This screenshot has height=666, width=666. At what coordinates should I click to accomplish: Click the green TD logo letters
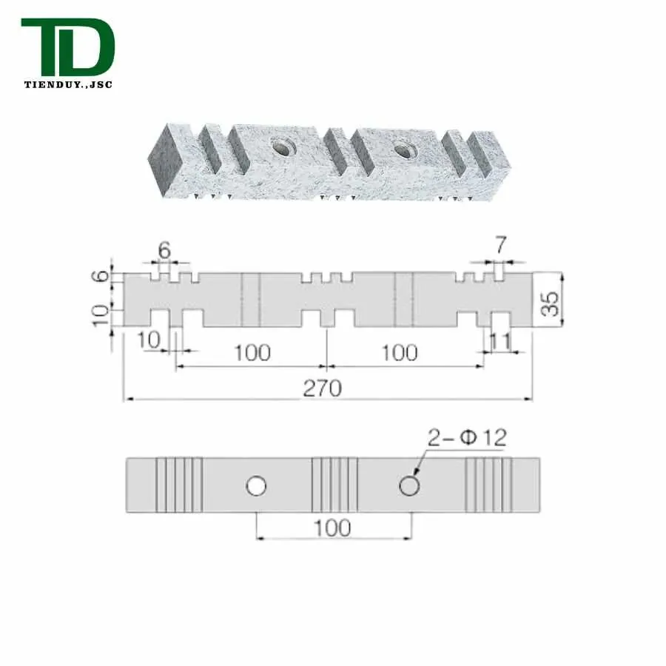68,47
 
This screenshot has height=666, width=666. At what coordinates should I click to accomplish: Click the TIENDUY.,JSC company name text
68,84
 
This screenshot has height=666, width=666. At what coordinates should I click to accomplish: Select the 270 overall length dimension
323,388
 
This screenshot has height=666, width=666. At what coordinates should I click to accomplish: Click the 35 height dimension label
551,303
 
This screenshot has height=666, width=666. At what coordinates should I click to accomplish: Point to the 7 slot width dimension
501,246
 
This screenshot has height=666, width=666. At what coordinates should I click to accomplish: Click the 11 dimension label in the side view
500,341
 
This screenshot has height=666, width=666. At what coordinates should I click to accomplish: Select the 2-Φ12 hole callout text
467,438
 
